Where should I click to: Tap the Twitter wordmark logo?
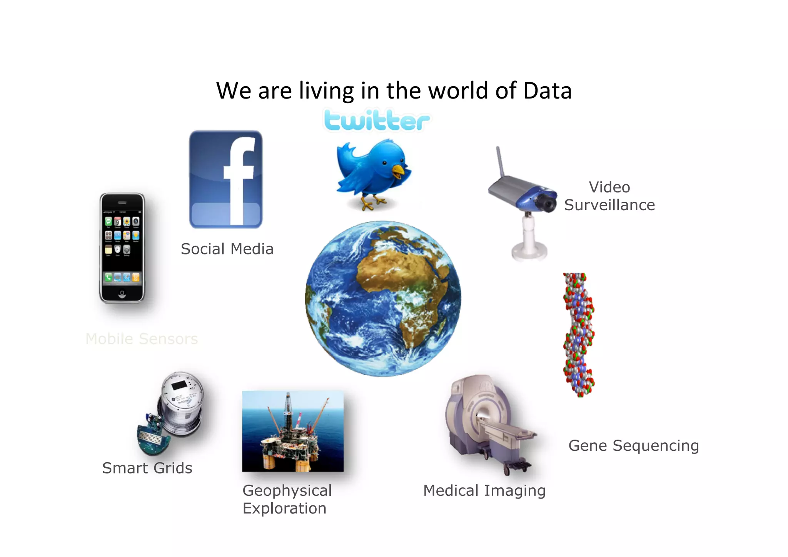377,120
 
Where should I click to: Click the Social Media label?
227,249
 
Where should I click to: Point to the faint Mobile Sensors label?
142,339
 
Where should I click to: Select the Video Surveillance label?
609,196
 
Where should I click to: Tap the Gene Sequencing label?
633,445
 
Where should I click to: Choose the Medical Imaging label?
484,490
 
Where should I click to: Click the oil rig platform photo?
293,431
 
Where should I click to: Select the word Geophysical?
287,490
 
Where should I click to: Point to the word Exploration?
284,508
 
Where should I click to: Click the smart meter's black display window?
179,385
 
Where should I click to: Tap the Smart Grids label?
147,468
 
